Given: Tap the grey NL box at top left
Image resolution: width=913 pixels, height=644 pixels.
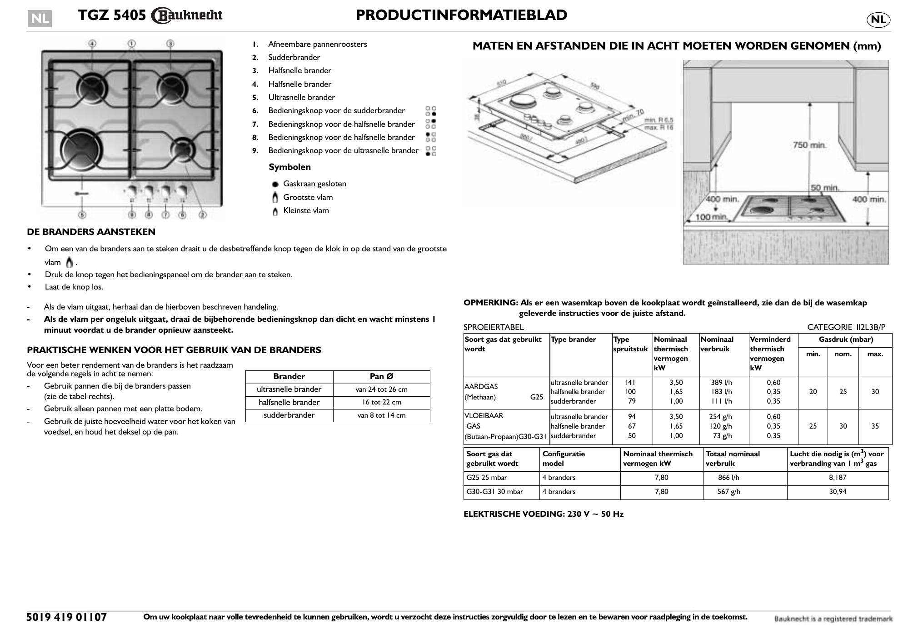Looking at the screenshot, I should click(x=40, y=19).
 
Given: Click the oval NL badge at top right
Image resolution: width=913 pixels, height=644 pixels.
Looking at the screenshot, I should click(x=878, y=20).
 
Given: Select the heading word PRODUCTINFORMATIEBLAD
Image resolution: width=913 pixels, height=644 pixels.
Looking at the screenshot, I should click(x=461, y=15).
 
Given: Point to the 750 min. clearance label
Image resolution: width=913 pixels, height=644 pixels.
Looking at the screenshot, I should click(x=809, y=145).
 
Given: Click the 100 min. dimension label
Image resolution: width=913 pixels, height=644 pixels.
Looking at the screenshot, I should click(x=712, y=217).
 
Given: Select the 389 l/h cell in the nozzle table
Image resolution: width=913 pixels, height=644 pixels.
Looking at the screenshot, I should click(x=722, y=383).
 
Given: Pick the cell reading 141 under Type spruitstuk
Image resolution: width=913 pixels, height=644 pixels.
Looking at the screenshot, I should click(x=630, y=383).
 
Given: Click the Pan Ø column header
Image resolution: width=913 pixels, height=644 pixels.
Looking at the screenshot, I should click(x=381, y=376).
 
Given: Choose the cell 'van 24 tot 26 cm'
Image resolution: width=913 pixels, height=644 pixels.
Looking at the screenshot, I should click(x=381, y=389).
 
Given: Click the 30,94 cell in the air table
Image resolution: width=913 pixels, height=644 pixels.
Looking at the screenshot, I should click(x=838, y=492).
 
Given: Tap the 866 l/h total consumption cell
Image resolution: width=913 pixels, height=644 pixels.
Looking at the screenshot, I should click(x=728, y=478).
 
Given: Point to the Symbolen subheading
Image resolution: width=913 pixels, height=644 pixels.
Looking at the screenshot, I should click(x=289, y=167).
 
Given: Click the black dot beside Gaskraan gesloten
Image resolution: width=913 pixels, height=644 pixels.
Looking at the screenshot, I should click(x=275, y=185).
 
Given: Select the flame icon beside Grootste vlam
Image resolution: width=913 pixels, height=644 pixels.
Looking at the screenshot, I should click(x=275, y=198).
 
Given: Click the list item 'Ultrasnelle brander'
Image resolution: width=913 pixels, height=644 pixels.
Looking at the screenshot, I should click(x=301, y=97).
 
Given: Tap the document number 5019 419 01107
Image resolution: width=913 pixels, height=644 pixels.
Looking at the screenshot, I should click(x=67, y=617).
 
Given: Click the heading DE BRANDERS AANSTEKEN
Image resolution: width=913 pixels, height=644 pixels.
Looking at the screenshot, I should click(x=91, y=232).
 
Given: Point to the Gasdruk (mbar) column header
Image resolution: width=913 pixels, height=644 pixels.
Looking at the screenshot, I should click(x=846, y=339).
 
